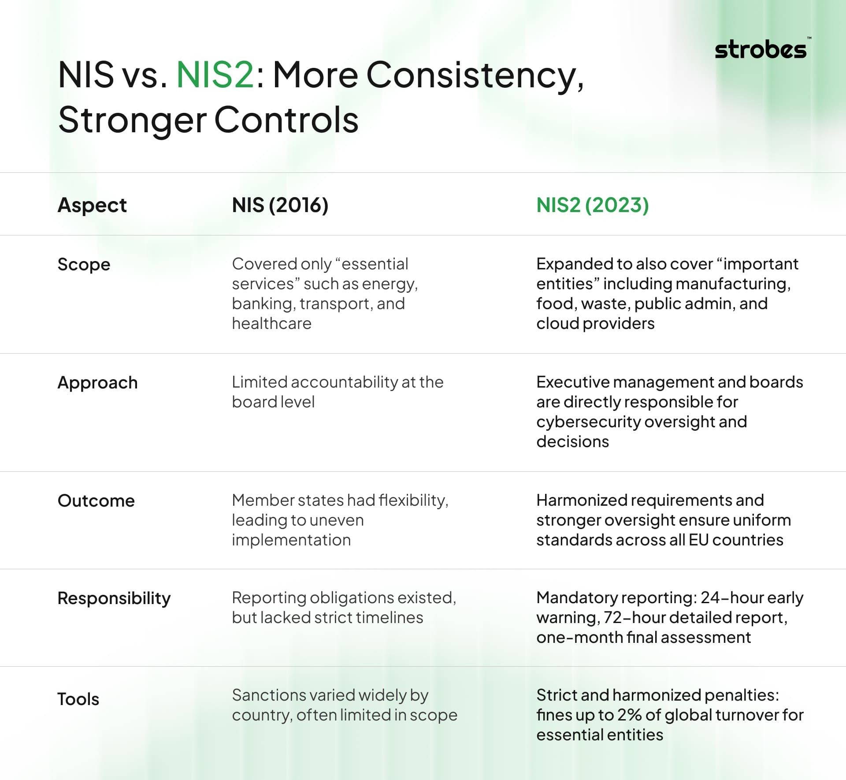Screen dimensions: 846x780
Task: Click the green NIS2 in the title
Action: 215,75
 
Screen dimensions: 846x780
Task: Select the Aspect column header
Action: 92,205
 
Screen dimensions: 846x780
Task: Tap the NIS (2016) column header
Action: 280,205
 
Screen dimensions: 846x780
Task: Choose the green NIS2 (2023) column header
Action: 593,205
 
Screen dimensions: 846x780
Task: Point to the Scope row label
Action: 84,265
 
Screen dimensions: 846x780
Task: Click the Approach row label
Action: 97,383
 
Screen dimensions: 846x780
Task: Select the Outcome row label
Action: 96,500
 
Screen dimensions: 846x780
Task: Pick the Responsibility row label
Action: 114,598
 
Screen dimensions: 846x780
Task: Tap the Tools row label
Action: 78,699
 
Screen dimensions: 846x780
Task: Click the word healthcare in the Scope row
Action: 271,324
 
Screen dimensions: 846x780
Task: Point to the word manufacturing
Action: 733,284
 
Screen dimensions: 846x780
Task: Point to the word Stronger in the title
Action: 132,121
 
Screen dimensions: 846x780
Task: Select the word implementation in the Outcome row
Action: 291,541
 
